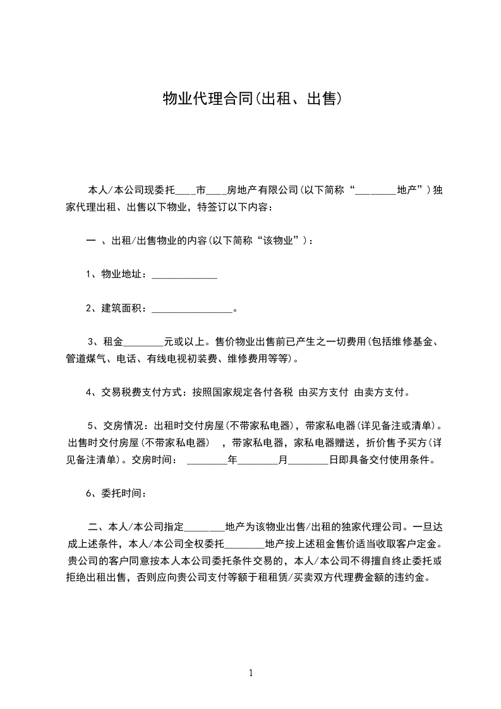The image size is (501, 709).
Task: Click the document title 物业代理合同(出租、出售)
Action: pyautogui.click(x=252, y=99)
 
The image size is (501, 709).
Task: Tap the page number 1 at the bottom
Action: pyautogui.click(x=251, y=672)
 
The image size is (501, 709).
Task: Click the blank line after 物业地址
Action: pyautogui.click(x=184, y=275)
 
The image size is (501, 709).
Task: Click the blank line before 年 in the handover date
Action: pyautogui.click(x=207, y=461)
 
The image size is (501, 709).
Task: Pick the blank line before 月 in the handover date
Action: pyautogui.click(x=258, y=461)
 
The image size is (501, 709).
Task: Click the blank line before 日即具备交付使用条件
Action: pyautogui.click(x=308, y=461)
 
